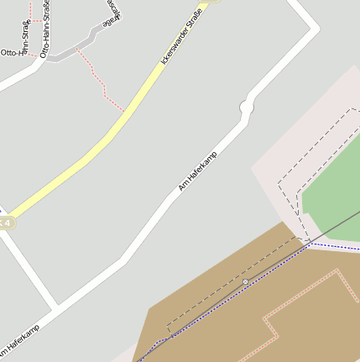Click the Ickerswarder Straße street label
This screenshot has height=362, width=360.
pyautogui.click(x=182, y=37)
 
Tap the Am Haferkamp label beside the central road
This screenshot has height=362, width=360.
pyautogui.click(x=197, y=171)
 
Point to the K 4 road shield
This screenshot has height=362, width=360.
pyautogui.click(x=6, y=223)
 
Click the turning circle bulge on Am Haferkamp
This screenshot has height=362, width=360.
pyautogui.click(x=247, y=108)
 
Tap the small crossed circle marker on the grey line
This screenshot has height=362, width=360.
pyautogui.click(x=245, y=281)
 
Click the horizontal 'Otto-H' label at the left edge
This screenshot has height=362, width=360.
pyautogui.click(x=13, y=52)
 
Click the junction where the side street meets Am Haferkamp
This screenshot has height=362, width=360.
pyautogui.click(x=57, y=304)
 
